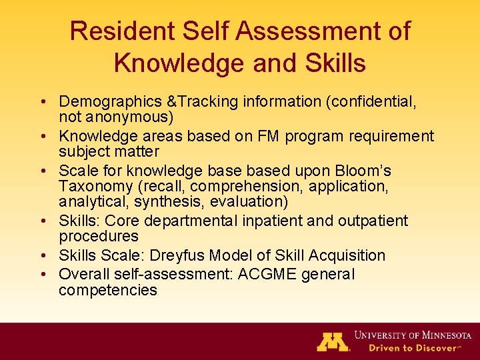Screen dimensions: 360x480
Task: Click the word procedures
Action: pyautogui.click(x=99, y=237)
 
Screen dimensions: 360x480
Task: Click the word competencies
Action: pyautogui.click(x=108, y=290)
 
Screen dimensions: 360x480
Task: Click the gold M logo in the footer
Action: pyautogui.click(x=333, y=342)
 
